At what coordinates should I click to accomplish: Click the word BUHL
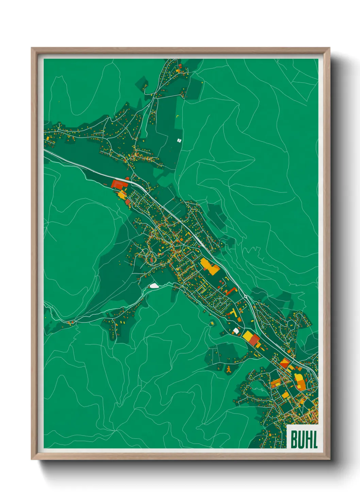pyautogui.click(x=304, y=439)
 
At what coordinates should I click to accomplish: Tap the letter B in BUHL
pyautogui.click(x=294, y=439)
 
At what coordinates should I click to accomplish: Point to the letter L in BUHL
pyautogui.click(x=315, y=439)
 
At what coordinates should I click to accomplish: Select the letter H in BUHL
pyautogui.click(x=308, y=439)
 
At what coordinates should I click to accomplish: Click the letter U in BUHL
pyautogui.click(x=301, y=439)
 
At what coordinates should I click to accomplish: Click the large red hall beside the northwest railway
pyautogui.click(x=119, y=184)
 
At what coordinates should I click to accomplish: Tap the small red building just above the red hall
pyautogui.click(x=127, y=178)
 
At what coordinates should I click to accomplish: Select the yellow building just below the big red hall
pyautogui.click(x=121, y=195)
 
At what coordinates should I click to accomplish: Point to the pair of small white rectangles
pyautogui.click(x=179, y=140)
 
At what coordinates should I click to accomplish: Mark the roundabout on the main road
pyautogui.click(x=246, y=296)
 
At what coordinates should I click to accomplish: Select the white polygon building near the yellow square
pyautogui.click(x=236, y=330)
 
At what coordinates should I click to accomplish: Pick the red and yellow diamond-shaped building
pyautogui.click(x=284, y=363)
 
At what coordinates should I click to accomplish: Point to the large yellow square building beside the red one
pyautogui.click(x=247, y=335)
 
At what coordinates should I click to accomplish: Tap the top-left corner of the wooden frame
pyautogui.click(x=31, y=48)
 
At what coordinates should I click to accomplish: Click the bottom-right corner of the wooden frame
pyautogui.click(x=329, y=459)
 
